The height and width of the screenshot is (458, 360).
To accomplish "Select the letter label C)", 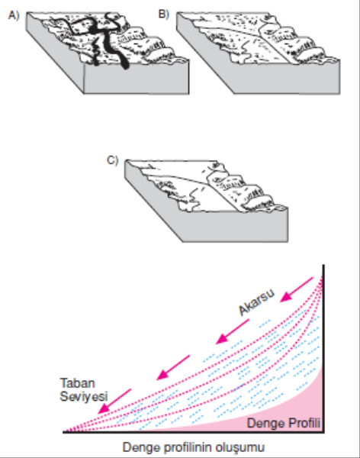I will tap(113, 160).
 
